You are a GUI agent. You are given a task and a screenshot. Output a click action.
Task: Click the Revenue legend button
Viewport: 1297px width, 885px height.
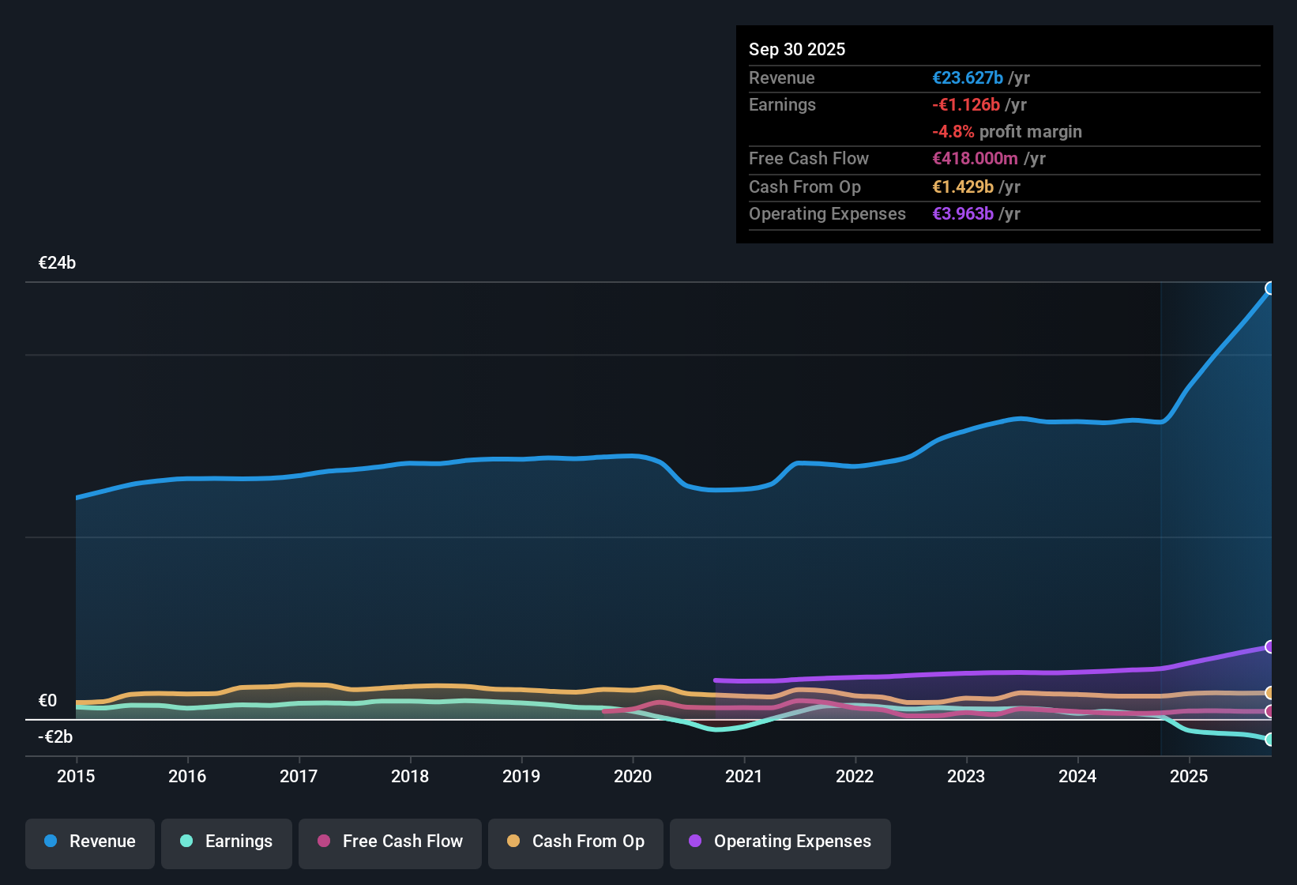click(x=90, y=842)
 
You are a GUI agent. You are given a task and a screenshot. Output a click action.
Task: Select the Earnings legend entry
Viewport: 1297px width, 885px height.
click(x=227, y=842)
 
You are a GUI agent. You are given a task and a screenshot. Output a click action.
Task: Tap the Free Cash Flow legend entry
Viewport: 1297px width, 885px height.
click(x=390, y=842)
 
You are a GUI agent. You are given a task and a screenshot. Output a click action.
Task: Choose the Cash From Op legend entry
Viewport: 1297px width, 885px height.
click(x=576, y=842)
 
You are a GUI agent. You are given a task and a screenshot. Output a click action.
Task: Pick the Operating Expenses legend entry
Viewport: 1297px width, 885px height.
click(x=780, y=842)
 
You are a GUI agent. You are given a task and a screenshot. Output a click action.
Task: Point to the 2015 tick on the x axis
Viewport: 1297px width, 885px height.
click(x=76, y=776)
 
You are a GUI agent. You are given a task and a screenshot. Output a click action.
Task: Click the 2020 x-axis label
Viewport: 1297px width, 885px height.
click(x=633, y=776)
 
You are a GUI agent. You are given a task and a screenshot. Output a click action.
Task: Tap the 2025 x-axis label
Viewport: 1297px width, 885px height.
click(x=1189, y=776)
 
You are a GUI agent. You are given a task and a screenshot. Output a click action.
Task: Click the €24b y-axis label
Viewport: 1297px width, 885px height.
click(x=57, y=263)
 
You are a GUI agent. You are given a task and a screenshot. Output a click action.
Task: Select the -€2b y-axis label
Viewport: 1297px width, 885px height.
click(x=55, y=737)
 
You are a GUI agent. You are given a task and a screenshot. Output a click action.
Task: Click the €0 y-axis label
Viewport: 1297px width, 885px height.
click(x=47, y=701)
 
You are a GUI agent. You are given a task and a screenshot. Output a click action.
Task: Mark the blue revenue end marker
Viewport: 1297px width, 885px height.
click(x=1270, y=288)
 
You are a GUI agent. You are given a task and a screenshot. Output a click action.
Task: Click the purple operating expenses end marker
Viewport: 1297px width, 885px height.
click(x=1270, y=647)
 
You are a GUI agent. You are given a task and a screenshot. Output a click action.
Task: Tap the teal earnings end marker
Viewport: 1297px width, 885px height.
click(x=1270, y=740)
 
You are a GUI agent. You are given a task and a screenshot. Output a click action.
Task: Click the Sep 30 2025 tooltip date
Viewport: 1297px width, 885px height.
click(x=797, y=49)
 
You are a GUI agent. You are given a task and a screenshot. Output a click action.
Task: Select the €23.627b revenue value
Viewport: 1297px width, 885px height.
click(x=968, y=78)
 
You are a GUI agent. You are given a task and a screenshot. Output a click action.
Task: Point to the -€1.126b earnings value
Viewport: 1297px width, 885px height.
click(x=966, y=105)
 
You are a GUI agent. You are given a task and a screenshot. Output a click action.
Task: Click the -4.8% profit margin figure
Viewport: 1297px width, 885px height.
click(x=953, y=132)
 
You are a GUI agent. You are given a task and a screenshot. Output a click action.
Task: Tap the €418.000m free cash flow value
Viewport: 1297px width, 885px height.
click(x=976, y=159)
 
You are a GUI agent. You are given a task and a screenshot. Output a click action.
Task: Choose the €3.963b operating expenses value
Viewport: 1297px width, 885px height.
click(x=963, y=214)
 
